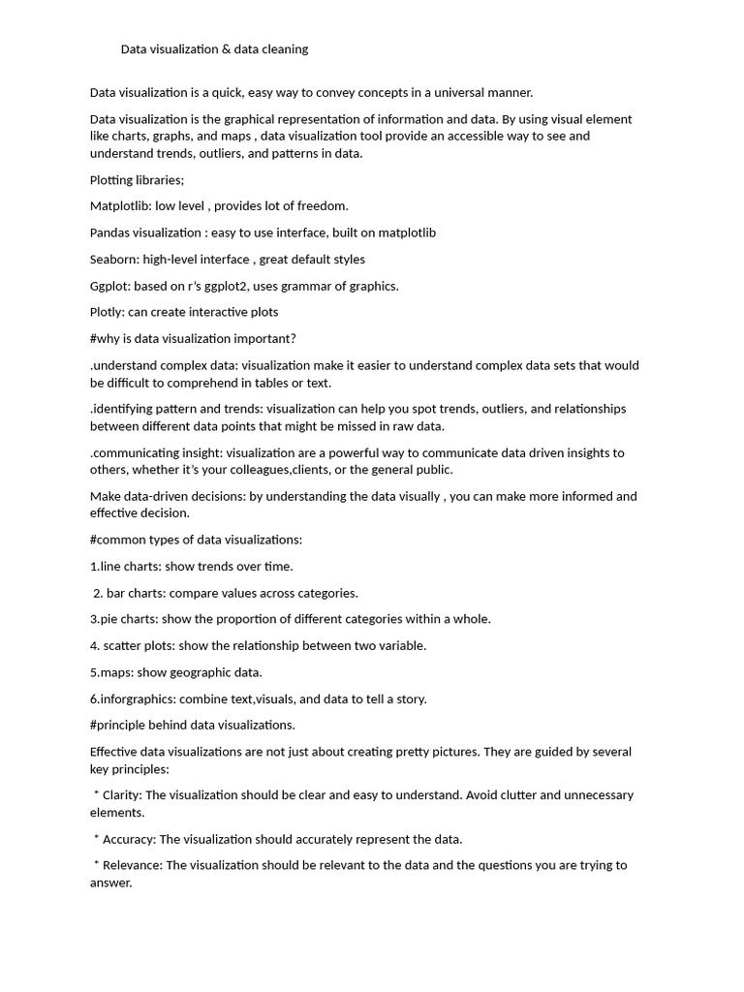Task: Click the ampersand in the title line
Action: [226, 48]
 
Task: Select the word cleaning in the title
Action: [285, 48]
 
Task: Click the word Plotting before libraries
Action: [113, 180]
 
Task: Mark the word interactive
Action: [217, 312]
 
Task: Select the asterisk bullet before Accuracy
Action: [97, 838]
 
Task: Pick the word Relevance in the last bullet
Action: [132, 865]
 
